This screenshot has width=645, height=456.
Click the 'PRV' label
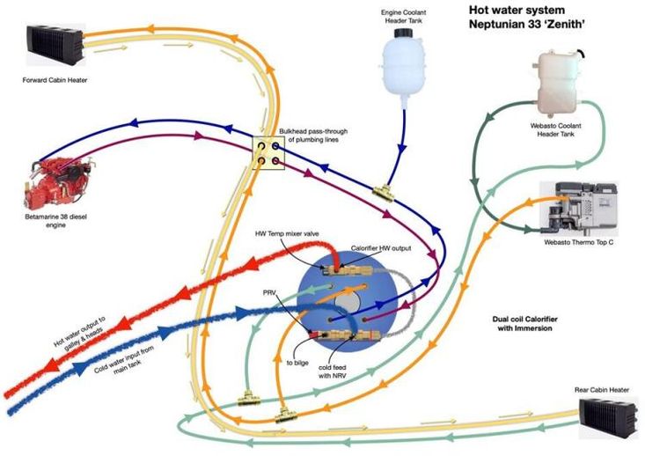[270, 291]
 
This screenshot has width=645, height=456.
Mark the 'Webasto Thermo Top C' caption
[578, 241]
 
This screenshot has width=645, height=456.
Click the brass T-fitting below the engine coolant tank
[381, 191]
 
